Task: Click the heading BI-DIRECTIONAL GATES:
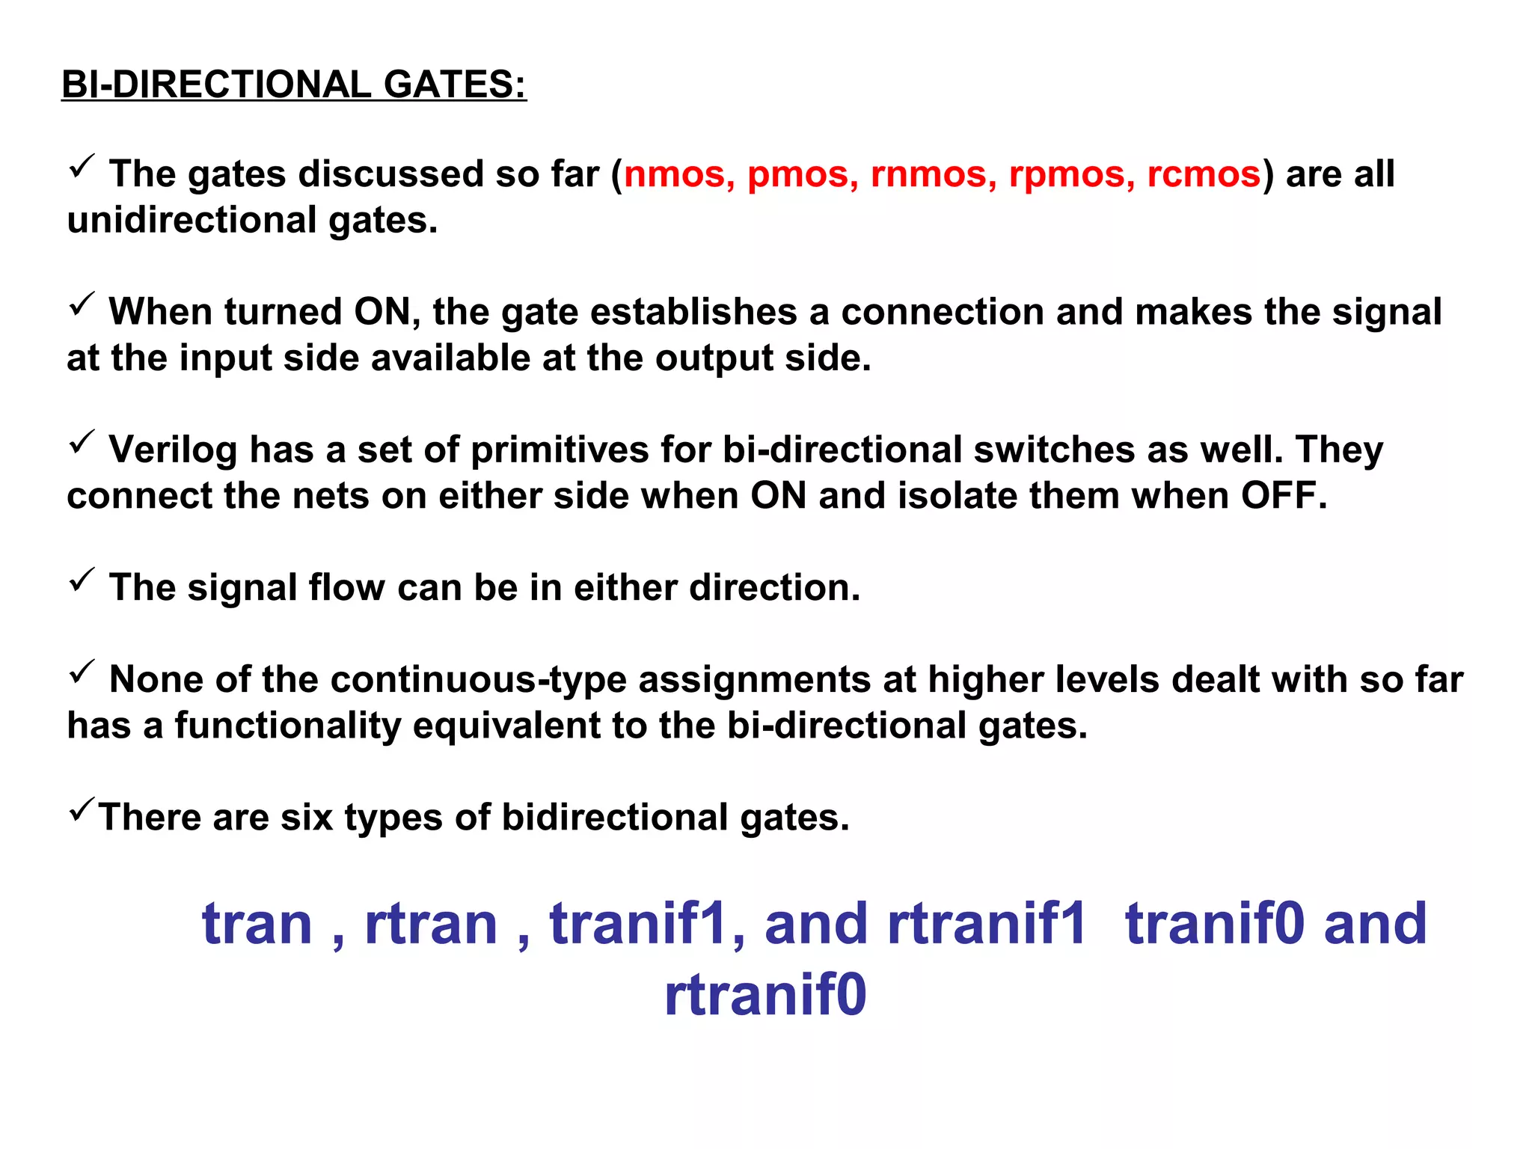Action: pyautogui.click(x=294, y=84)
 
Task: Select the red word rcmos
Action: pyautogui.click(x=1204, y=174)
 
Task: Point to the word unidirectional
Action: pyautogui.click(x=192, y=221)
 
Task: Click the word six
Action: pyautogui.click(x=307, y=817)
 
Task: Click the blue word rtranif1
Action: pyautogui.click(x=986, y=924)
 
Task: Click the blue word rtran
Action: pyautogui.click(x=431, y=924)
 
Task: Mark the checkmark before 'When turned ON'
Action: pyautogui.click(x=82, y=304)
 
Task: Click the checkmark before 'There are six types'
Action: pyautogui.click(x=82, y=809)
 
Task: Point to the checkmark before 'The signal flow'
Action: pyautogui.click(x=82, y=579)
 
